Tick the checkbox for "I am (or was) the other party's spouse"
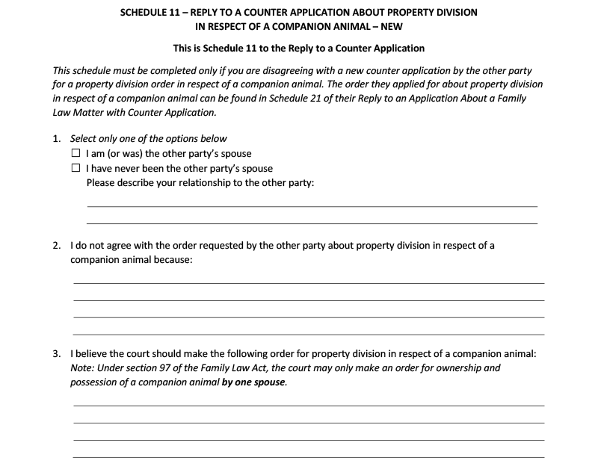[75, 154]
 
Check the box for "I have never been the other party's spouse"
[75, 168]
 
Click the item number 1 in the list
[57, 139]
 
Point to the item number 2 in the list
[57, 245]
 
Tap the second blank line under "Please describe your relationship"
[312, 222]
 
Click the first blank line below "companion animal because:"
[308, 282]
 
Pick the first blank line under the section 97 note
[308, 405]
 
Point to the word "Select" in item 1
[84, 139]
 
